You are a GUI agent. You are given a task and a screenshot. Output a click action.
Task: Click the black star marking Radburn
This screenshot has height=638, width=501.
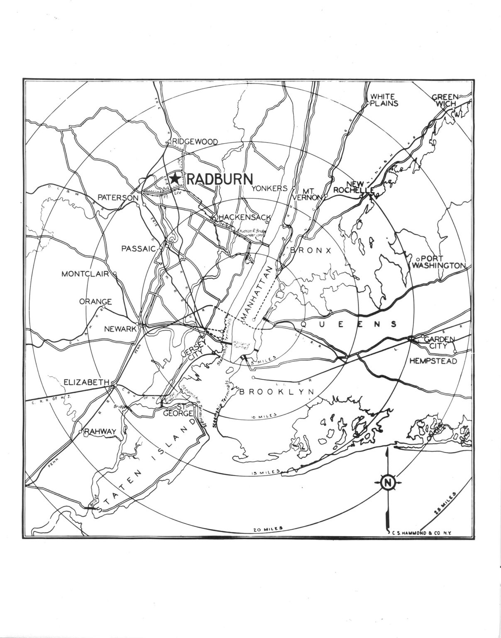(x=175, y=178)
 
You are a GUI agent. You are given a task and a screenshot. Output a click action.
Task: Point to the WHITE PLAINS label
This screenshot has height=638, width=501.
(x=384, y=100)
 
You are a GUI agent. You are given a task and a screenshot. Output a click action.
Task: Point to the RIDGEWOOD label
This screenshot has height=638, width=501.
(x=195, y=142)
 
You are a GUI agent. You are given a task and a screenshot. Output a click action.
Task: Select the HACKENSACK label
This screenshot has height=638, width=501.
(x=245, y=217)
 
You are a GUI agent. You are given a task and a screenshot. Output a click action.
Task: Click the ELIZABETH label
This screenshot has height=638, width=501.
(x=86, y=382)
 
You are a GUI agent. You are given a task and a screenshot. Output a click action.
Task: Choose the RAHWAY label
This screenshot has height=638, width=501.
(x=100, y=432)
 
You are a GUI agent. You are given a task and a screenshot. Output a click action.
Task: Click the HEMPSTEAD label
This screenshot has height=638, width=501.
(x=433, y=361)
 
